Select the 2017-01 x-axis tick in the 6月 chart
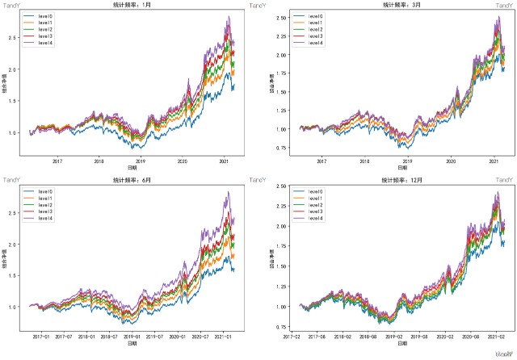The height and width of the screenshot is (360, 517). [x=41, y=337]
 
